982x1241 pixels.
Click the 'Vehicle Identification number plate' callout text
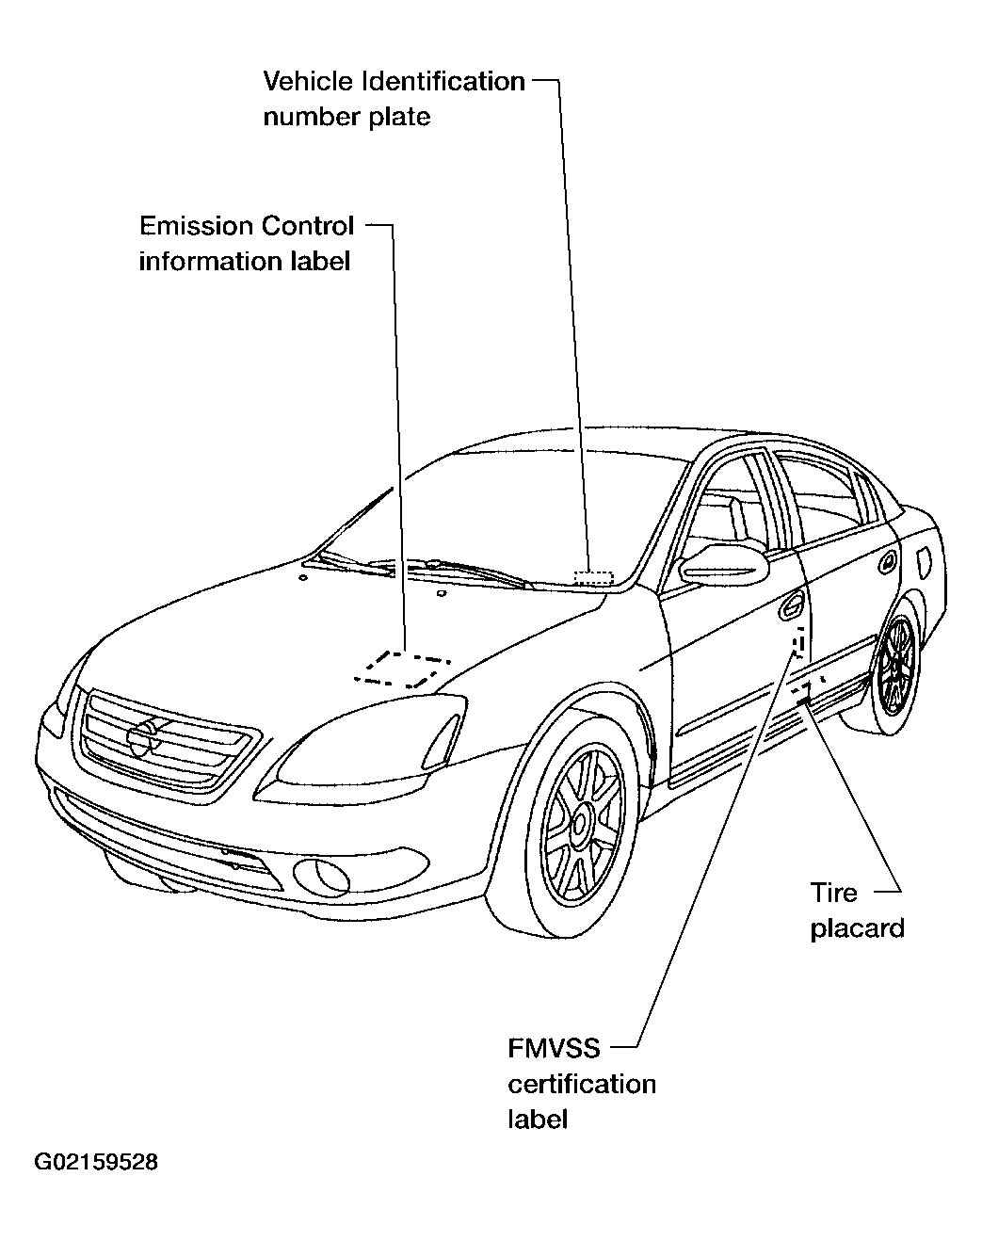394,99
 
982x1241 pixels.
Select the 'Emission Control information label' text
247,243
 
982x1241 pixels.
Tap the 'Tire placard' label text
856,910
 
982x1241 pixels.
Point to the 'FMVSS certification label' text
582,1083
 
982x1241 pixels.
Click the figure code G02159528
96,1162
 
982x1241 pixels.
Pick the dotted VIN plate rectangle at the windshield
593,576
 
